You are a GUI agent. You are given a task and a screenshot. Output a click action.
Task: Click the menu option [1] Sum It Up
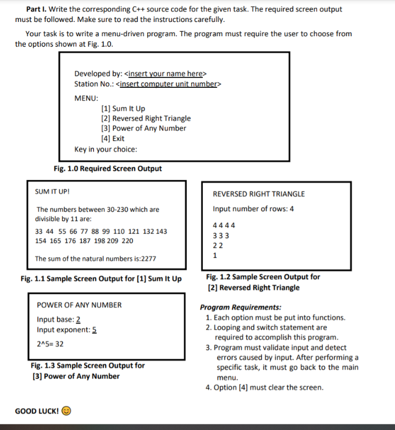[123, 109]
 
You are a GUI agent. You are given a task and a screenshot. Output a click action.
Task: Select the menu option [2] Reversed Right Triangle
[146, 118]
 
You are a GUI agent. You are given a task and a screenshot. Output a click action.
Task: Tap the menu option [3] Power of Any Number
[143, 128]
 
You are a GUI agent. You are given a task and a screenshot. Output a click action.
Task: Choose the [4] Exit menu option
[113, 139]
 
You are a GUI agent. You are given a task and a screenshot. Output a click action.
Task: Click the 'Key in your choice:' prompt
[105, 149]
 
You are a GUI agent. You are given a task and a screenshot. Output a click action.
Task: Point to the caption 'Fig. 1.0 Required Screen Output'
[108, 168]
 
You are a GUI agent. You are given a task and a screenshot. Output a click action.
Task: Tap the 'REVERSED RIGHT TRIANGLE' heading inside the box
[258, 194]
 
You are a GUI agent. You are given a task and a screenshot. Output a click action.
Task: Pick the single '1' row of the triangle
[215, 255]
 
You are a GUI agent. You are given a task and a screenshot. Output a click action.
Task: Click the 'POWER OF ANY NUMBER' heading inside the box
[79, 305]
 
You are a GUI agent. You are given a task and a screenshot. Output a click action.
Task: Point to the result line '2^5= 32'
[50, 344]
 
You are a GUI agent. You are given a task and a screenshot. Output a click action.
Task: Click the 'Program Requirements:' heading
[240, 308]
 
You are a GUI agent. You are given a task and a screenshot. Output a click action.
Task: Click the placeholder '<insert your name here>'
[166, 74]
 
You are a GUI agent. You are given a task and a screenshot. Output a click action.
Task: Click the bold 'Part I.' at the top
[36, 9]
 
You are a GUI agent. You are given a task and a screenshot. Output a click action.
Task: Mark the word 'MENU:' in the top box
[86, 98]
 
